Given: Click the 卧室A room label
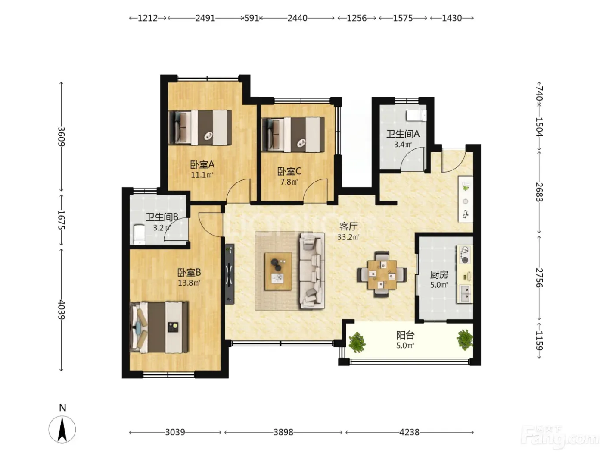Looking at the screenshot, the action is (202, 164).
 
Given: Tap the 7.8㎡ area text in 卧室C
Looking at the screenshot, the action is (289, 182).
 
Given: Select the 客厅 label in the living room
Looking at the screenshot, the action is (348, 226).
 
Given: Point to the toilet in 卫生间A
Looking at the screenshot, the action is (416, 116).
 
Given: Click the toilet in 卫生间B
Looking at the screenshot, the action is (139, 234).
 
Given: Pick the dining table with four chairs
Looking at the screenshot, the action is (382, 274).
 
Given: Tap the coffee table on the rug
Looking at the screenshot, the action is (278, 271).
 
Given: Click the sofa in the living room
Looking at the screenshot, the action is (312, 271).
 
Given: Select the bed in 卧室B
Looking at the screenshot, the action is (159, 327).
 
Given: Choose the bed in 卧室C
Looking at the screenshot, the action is (293, 135).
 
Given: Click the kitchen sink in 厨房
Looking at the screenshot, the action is (465, 294).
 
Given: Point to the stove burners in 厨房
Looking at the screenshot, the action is (465, 255).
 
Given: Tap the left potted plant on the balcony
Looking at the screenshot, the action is (357, 342).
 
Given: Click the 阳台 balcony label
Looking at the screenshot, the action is (405, 335).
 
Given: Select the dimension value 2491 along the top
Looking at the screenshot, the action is (205, 18).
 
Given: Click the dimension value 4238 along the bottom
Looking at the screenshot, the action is (409, 432).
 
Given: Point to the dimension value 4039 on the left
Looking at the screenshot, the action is (61, 309).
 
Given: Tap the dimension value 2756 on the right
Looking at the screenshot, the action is (539, 278).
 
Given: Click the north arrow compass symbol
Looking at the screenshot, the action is (62, 429).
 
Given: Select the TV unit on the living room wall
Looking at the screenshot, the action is (230, 274).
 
